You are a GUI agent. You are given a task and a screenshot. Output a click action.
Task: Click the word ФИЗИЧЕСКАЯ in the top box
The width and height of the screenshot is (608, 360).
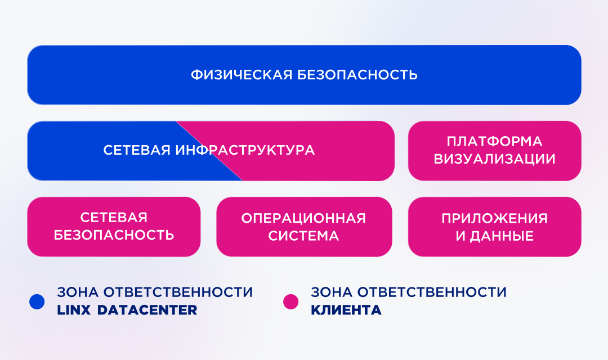click(x=241, y=74)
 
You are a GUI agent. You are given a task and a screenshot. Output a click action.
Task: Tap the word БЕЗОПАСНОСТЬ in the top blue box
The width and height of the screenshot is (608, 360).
click(x=357, y=74)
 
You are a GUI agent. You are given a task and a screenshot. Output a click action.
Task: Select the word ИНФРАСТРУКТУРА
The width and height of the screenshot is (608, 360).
click(x=245, y=150)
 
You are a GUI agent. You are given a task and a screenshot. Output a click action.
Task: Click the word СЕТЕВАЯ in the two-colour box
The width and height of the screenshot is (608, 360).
click(x=136, y=150)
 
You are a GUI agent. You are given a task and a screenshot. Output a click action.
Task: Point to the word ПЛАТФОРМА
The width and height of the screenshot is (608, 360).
click(x=494, y=141)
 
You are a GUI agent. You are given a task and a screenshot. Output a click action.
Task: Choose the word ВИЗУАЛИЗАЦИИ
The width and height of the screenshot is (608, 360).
click(x=494, y=159)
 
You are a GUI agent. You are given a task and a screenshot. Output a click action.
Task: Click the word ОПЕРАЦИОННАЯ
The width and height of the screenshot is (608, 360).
click(x=303, y=218)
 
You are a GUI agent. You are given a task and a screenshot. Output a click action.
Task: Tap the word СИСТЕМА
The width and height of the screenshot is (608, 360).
click(x=303, y=236)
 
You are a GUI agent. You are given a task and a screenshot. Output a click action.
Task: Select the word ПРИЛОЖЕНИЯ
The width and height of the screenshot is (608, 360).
click(x=494, y=218)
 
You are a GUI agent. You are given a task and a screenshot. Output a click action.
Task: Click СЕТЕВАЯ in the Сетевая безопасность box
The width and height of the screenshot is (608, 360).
click(x=114, y=217)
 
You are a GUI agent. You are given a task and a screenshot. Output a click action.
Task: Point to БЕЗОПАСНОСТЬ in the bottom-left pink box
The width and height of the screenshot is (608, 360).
click(x=114, y=235)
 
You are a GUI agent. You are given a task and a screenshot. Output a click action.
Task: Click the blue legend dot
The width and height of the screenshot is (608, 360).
click(x=37, y=301)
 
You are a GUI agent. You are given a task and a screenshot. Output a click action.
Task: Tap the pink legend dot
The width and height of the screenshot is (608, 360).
click(x=291, y=301)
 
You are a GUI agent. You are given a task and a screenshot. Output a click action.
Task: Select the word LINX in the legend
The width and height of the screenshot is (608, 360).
click(x=74, y=310)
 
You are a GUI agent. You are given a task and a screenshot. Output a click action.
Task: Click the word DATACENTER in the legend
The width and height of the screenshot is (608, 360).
click(x=147, y=310)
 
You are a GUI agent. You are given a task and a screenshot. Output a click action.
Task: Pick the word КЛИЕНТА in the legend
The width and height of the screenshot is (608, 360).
click(x=346, y=310)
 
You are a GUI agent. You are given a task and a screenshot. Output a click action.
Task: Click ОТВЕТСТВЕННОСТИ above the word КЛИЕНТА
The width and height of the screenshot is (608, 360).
click(x=432, y=292)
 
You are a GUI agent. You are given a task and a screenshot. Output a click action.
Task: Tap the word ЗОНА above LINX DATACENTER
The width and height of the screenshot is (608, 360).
click(x=77, y=292)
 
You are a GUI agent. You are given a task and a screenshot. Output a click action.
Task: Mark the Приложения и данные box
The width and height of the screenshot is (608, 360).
click(x=494, y=227)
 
